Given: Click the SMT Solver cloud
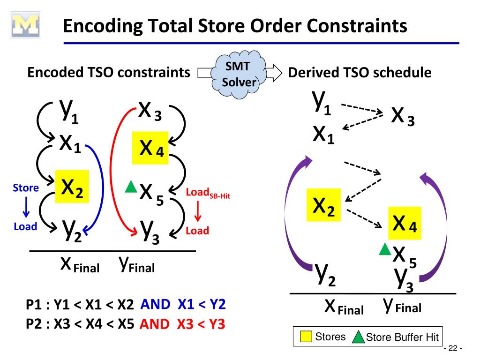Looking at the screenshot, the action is tap(239, 75).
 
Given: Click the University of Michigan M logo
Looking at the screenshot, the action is tap(26, 26).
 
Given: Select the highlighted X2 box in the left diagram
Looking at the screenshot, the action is tap(72, 187).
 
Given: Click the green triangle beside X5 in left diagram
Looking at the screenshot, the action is tap(131, 187).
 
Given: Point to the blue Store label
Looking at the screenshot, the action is tap(26, 188).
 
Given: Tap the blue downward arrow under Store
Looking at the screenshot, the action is tap(26, 207).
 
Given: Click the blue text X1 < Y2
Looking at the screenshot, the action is tap(202, 305).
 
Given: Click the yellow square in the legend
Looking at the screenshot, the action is tap(306, 337).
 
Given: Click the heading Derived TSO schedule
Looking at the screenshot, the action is tap(360, 73).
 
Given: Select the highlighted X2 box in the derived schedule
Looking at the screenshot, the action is tap(323, 205).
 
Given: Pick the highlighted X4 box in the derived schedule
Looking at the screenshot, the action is tap(404, 223).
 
